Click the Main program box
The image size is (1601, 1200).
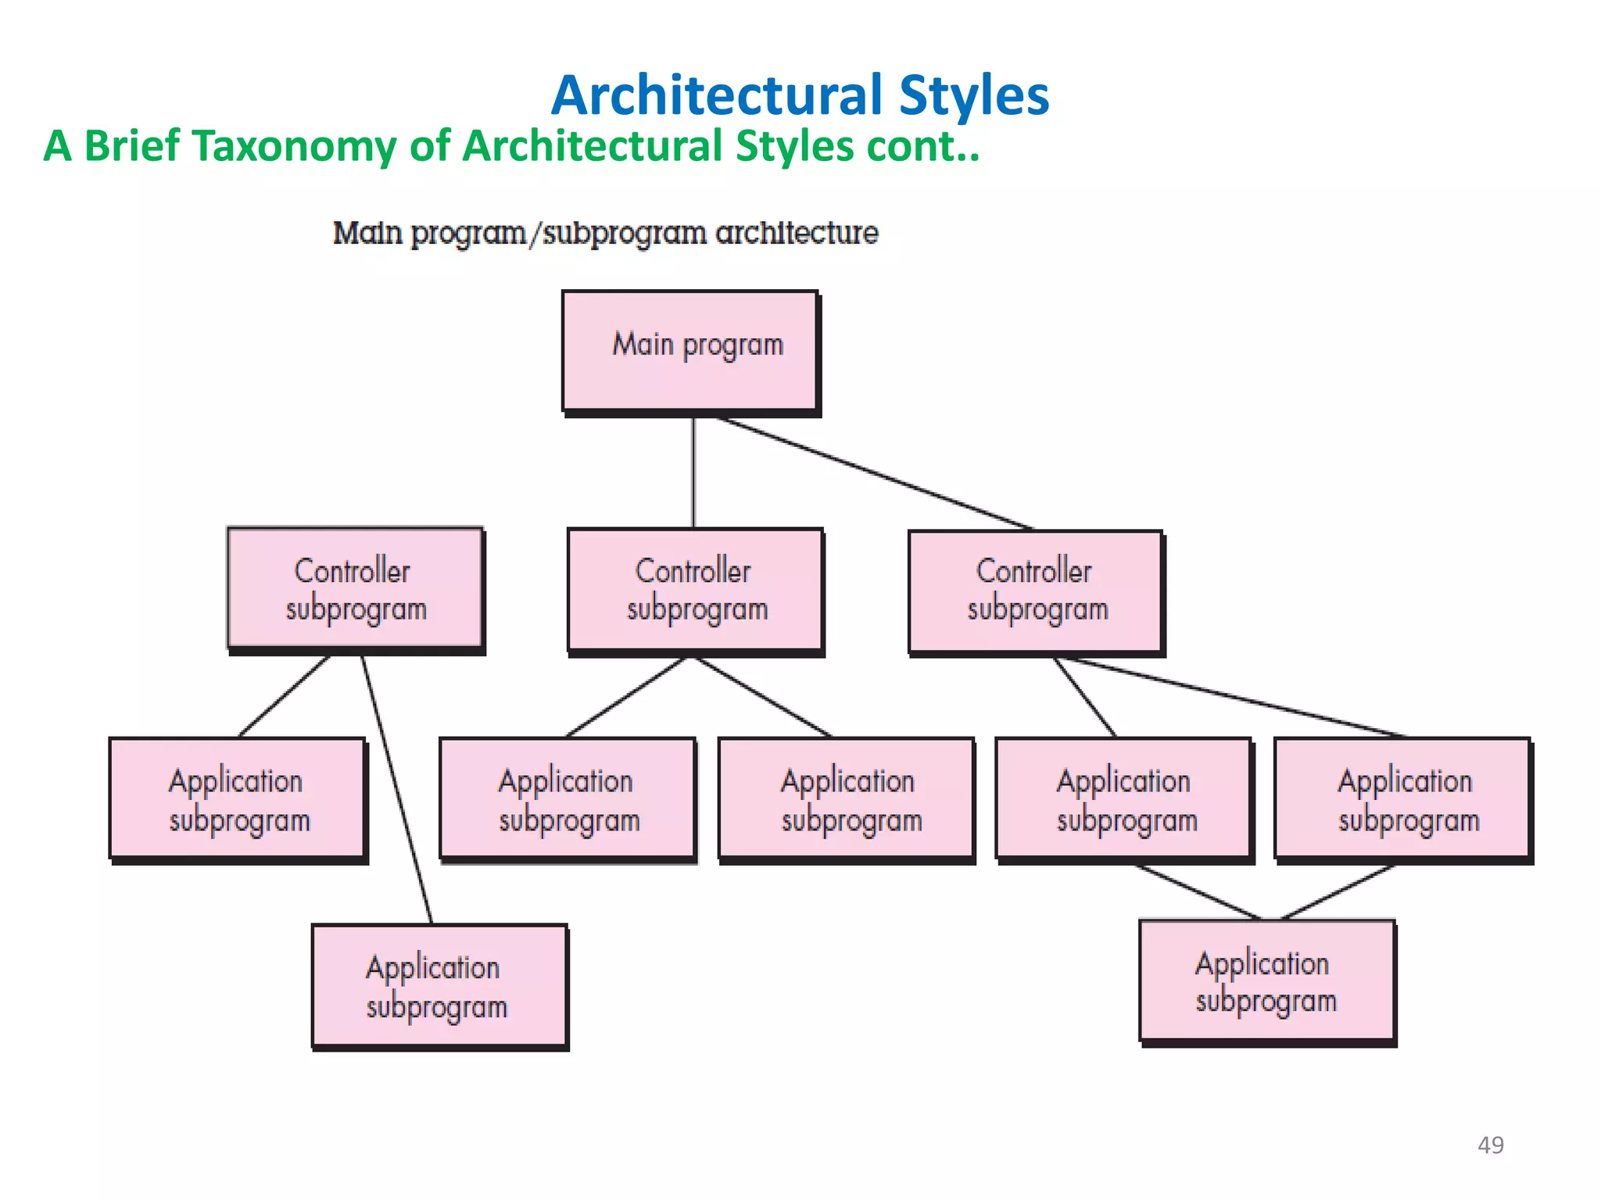690,351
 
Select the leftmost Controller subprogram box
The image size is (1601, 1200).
355,589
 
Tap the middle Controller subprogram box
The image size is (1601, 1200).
695,591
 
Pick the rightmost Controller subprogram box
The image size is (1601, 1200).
1036,591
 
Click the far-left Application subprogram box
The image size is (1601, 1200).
238,799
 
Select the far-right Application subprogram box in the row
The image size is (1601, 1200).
1402,799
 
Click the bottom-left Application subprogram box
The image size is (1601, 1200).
439,987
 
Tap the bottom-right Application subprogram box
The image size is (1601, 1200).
1267,982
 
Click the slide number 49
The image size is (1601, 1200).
1490,1145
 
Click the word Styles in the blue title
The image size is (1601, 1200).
973,95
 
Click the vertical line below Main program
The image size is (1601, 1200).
693,473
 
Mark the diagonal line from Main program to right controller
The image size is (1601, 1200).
874,473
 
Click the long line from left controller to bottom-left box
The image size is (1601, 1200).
396,789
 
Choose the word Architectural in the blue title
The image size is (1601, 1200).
717,95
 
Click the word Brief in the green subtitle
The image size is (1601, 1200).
132,147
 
